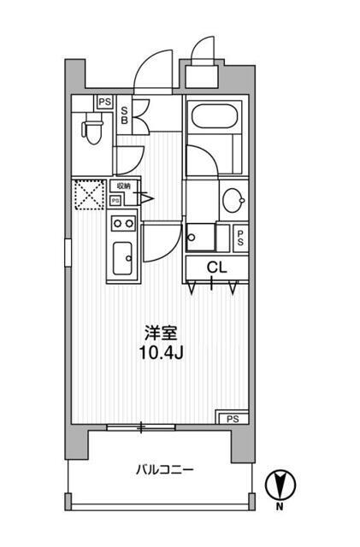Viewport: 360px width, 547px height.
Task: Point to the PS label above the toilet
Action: click(x=103, y=102)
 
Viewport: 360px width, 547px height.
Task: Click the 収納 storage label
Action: click(x=123, y=186)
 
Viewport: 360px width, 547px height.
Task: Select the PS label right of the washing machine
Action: click(x=241, y=238)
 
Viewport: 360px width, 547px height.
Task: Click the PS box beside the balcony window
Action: click(x=233, y=418)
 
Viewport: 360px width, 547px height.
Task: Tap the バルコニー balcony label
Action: click(x=164, y=469)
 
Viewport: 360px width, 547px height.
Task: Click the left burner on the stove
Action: click(x=116, y=224)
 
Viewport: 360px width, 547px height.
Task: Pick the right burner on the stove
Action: click(x=129, y=224)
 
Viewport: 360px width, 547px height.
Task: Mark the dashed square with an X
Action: click(x=89, y=193)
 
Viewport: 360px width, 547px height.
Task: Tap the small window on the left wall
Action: click(x=68, y=253)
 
